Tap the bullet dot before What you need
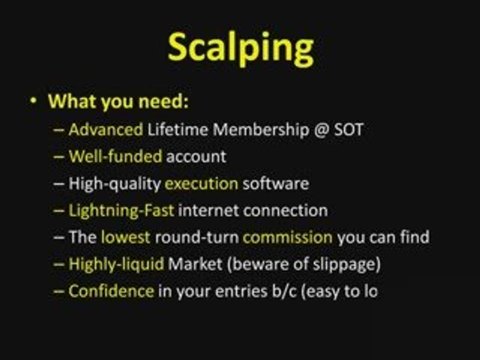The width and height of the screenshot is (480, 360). click(x=33, y=101)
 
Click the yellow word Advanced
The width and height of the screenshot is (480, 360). click(x=105, y=130)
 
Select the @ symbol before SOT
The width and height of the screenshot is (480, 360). click(x=318, y=130)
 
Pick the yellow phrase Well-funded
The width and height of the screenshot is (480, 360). click(x=115, y=156)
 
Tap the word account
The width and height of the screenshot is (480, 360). click(x=196, y=156)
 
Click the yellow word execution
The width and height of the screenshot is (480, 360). click(x=201, y=183)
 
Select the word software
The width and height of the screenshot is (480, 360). click(x=275, y=183)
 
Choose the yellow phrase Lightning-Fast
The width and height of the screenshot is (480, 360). click(x=121, y=210)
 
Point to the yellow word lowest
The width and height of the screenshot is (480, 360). click(x=125, y=236)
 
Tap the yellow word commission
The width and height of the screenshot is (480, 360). click(x=287, y=236)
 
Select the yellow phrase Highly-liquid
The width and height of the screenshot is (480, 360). click(x=116, y=263)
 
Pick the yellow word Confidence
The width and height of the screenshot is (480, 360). click(x=111, y=290)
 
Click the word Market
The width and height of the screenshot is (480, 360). click(x=195, y=263)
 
